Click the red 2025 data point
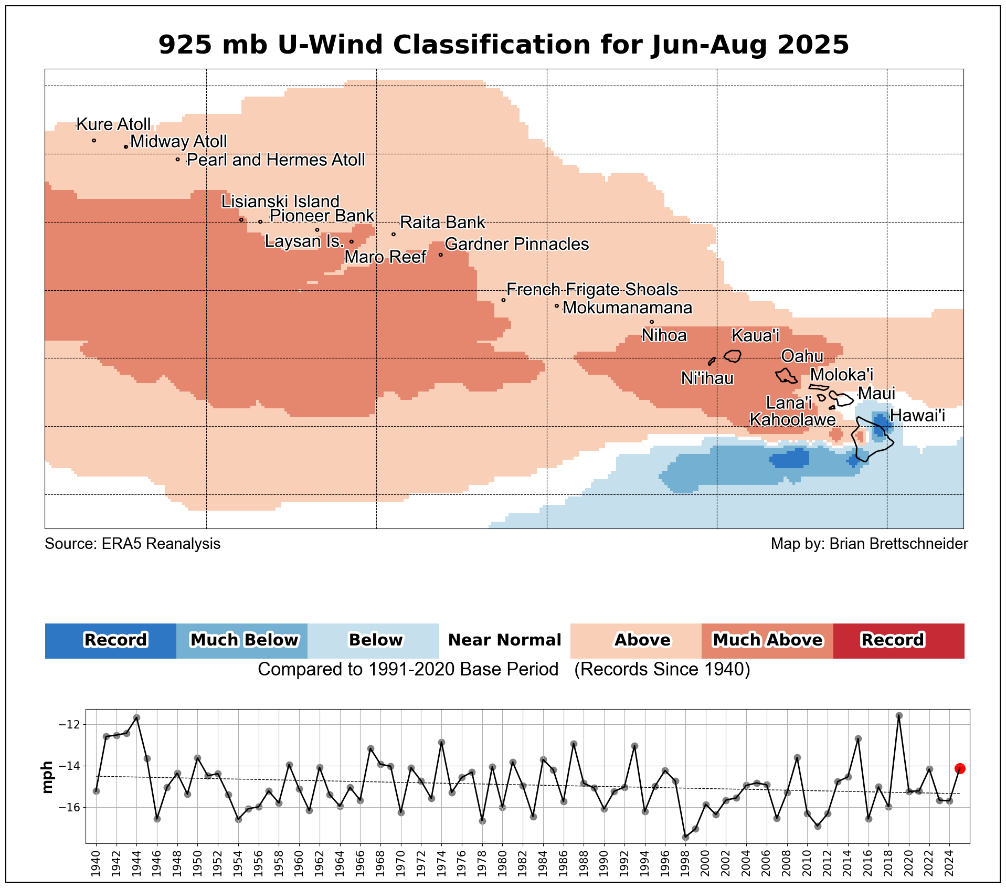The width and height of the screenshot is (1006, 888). coord(960,768)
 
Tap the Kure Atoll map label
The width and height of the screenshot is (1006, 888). coord(113,124)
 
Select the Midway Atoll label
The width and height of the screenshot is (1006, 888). coord(178,142)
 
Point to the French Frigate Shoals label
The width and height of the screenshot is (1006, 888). coord(592,290)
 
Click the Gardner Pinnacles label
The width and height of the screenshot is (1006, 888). coord(517,245)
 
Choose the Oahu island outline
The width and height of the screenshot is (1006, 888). coord(786,376)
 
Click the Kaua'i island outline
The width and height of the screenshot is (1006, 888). coord(733,356)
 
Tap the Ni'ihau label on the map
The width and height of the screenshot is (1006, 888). coord(707,378)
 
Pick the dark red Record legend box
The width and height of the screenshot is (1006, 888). coord(898,640)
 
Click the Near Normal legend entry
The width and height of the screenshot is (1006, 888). coord(504,640)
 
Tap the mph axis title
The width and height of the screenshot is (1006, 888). coord(48,777)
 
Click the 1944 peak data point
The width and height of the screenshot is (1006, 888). coord(136,717)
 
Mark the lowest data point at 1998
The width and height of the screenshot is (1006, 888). coord(685,837)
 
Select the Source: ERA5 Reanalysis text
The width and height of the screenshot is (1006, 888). coord(132,544)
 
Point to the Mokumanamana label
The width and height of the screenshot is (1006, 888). coord(627,308)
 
